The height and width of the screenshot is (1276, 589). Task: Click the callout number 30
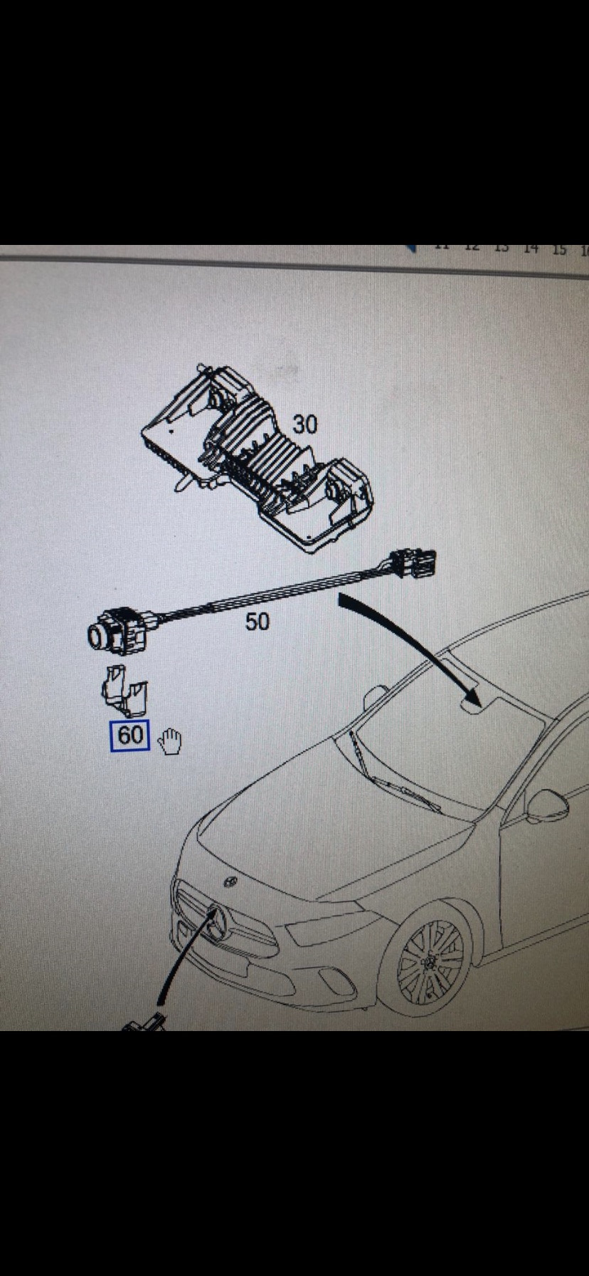tap(304, 424)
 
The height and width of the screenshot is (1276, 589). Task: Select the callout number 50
tap(257, 622)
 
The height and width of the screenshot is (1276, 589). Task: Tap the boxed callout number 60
tap(129, 735)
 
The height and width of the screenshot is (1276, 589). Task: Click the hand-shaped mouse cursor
tap(169, 741)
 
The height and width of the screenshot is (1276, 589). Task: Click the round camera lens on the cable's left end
tap(97, 634)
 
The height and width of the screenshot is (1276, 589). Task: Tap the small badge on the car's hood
tap(230, 882)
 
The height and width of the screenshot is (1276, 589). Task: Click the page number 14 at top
tap(530, 249)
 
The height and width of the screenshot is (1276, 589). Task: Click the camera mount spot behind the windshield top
tap(469, 706)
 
